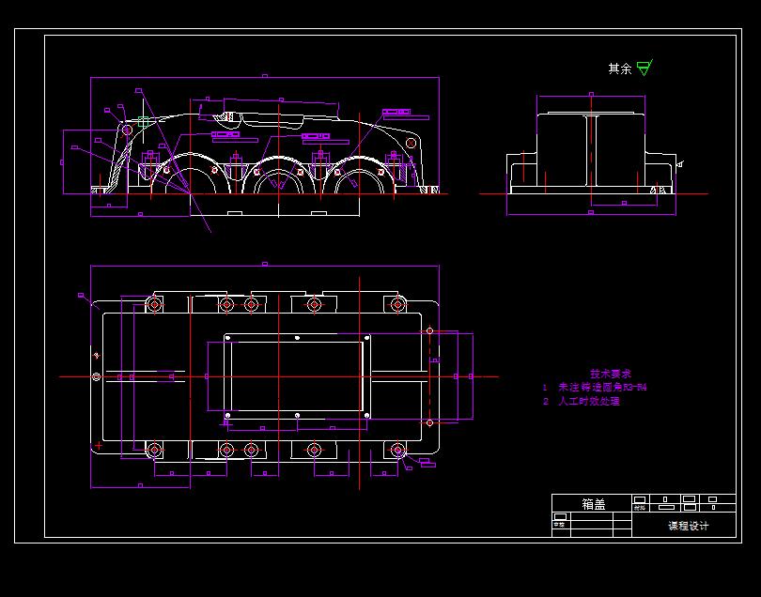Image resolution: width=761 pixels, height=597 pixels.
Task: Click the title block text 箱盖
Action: (x=593, y=504)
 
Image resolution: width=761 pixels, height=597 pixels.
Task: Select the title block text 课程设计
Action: (x=689, y=526)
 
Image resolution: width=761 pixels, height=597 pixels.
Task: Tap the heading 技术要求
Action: (x=610, y=373)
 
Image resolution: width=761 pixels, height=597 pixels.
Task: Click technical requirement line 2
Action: (x=582, y=401)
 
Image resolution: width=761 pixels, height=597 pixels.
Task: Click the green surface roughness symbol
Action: (x=644, y=68)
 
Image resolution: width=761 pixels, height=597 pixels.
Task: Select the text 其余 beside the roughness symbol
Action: (x=619, y=69)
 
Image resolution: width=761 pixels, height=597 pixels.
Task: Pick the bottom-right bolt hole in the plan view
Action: (x=397, y=451)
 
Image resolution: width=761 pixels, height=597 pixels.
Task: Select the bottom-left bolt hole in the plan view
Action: (x=155, y=451)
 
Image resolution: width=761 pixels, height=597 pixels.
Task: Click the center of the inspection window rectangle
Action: (x=296, y=376)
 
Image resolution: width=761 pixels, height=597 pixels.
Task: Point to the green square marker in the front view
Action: (x=143, y=121)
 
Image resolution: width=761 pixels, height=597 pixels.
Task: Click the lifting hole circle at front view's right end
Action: (x=411, y=142)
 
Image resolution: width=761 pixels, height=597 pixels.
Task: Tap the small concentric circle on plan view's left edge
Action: (x=96, y=376)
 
